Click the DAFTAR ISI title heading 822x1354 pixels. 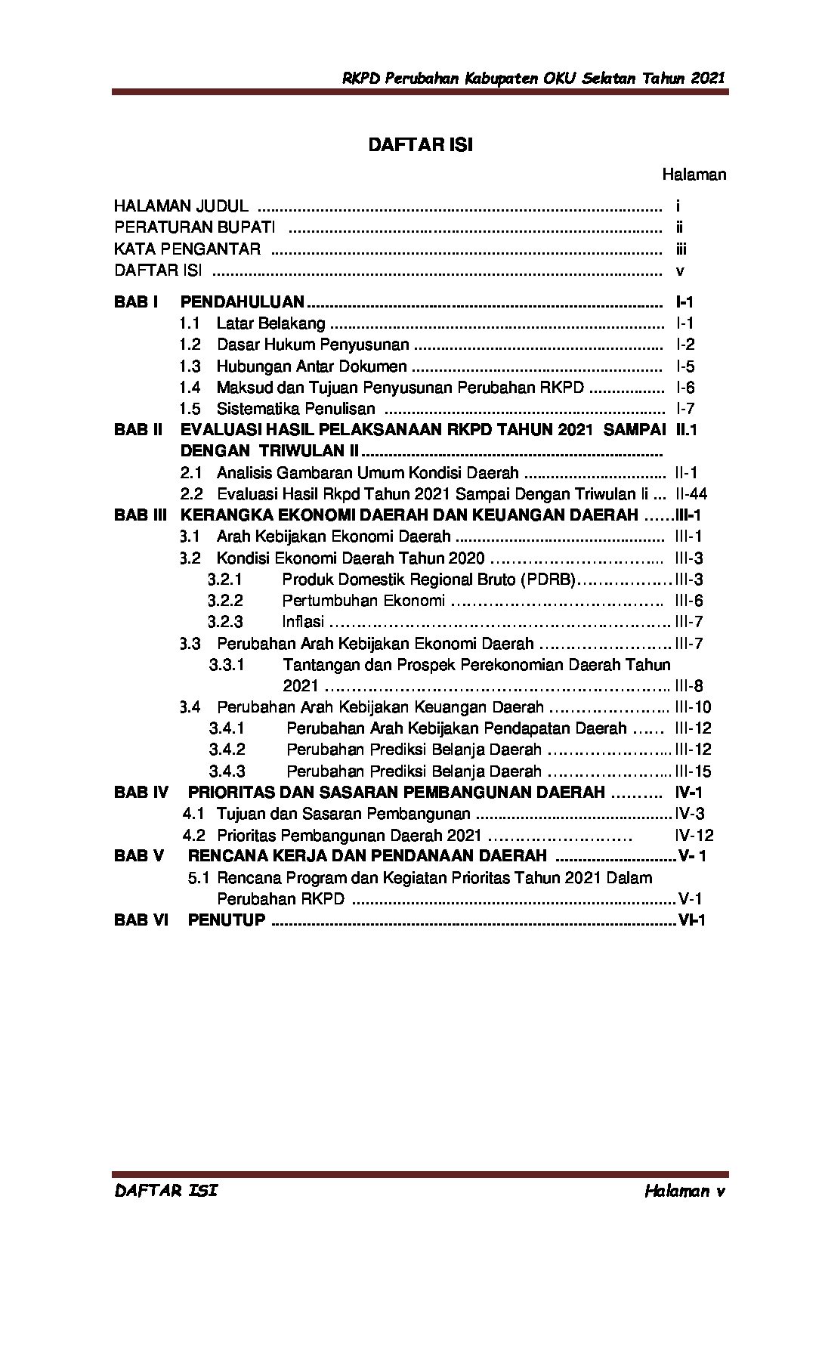[420, 146]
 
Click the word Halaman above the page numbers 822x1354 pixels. [694, 175]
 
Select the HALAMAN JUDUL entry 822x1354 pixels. [181, 206]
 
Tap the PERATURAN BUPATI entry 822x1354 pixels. [194, 227]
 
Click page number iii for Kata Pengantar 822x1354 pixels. [681, 249]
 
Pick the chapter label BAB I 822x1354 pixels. [136, 302]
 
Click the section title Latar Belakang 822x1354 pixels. [270, 323]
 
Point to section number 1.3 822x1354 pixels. [190, 366]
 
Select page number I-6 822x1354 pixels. [684, 388]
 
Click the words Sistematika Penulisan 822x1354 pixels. [295, 409]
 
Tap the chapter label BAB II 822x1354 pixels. [138, 430]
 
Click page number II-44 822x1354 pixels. [691, 494]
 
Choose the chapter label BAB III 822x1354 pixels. [140, 515]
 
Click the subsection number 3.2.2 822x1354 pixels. [225, 601]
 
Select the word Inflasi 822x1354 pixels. [302, 622]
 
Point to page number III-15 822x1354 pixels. [692, 771]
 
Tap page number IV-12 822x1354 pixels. [694, 836]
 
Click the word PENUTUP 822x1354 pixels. [227, 920]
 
